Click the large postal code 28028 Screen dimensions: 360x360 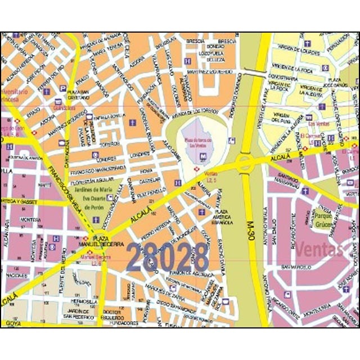point(168,257)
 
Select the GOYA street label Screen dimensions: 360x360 point(13,323)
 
